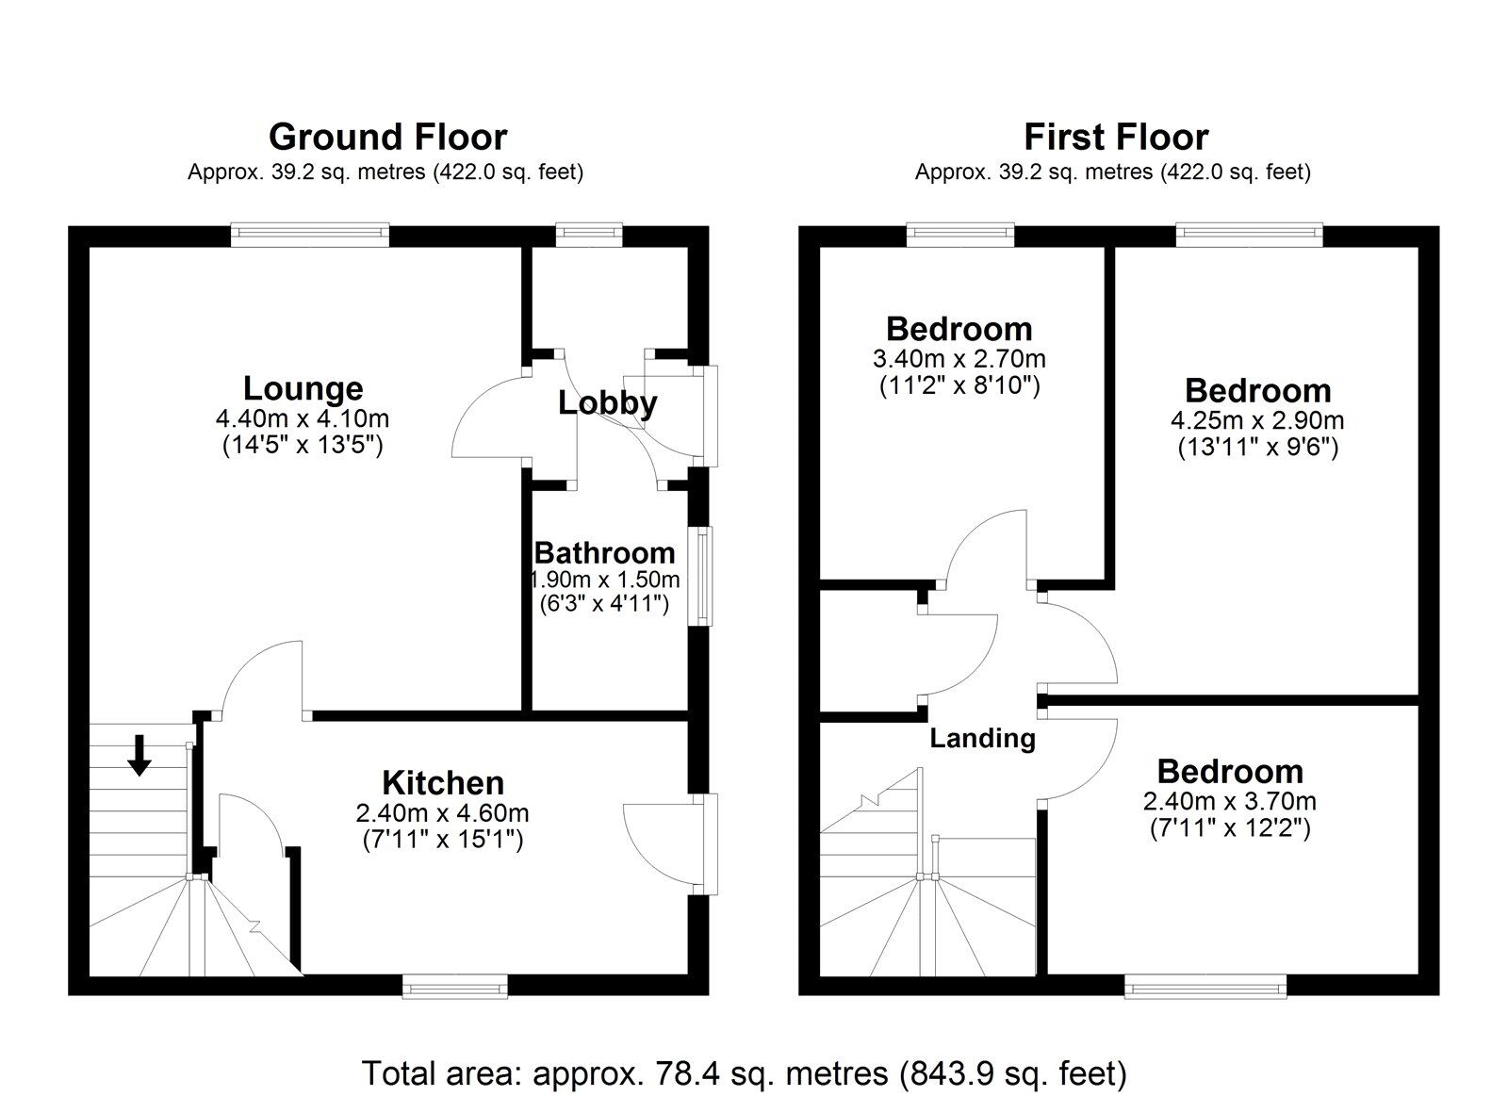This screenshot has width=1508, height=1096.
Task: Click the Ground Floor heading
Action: [387, 138]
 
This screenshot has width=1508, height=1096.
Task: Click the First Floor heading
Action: [1115, 138]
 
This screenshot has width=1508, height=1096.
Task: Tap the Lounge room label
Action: [303, 388]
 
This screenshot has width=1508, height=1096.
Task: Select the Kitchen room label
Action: [443, 782]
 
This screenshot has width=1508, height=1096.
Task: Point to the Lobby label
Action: [608, 403]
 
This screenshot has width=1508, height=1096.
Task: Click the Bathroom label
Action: [604, 552]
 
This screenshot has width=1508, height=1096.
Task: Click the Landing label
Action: [982, 738]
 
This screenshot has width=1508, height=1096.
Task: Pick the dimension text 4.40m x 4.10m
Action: [303, 418]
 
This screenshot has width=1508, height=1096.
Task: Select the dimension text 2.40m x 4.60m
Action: [443, 812]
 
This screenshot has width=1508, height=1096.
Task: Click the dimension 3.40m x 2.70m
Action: [959, 359]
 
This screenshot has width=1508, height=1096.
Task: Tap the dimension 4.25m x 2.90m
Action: [1257, 420]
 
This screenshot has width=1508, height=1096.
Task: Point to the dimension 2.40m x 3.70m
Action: [1229, 802]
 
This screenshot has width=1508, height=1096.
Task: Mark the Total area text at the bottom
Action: [745, 1072]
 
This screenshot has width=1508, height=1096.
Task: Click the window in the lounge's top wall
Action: [311, 235]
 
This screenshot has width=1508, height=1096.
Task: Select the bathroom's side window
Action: [701, 576]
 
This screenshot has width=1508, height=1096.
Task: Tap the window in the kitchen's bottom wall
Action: [454, 986]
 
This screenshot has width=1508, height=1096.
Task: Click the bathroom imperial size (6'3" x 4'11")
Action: [604, 603]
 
